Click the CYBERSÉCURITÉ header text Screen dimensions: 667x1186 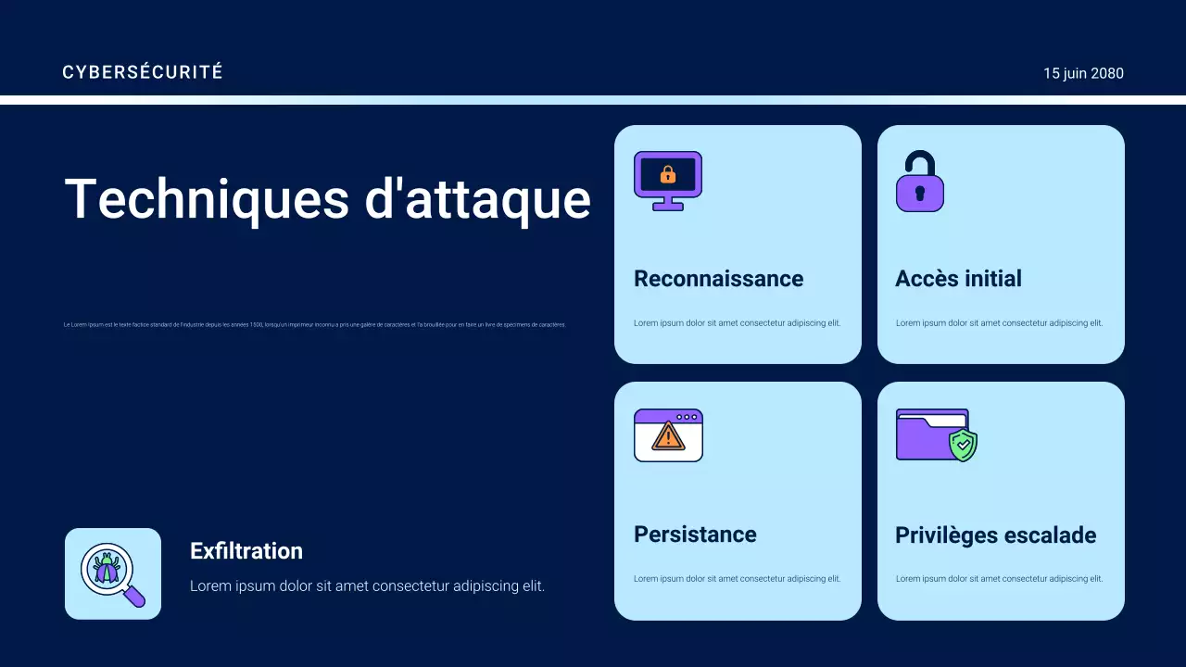[x=143, y=72]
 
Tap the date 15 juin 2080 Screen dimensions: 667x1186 [x=1083, y=73]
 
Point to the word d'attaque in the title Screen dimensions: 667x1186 [x=477, y=198]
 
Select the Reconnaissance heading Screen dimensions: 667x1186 [x=718, y=279]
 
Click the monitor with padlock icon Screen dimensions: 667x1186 [x=667, y=180]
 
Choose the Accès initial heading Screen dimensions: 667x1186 [x=958, y=279]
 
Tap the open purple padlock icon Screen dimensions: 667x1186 [x=919, y=182]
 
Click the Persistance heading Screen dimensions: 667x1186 [x=695, y=535]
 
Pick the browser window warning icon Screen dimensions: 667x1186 [x=668, y=435]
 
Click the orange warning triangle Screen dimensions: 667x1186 [x=667, y=436]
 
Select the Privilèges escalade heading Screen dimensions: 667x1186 [x=995, y=535]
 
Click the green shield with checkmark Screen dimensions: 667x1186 [x=964, y=446]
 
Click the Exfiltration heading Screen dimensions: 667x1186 [x=246, y=551]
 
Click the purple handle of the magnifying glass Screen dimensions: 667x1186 [x=135, y=597]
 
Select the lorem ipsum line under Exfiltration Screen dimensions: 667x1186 [x=367, y=586]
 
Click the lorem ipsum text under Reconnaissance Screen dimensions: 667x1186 [x=737, y=323]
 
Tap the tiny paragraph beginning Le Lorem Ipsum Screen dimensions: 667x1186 [x=314, y=325]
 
